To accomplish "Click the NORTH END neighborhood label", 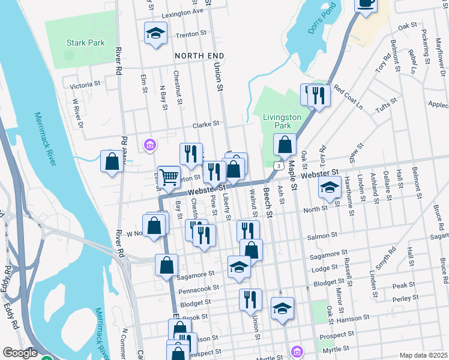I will [199, 56].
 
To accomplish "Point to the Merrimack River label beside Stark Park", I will [46, 139].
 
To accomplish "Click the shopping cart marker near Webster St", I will [169, 177].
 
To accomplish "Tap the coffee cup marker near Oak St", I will [365, 4].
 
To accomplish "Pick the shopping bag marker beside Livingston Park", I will [285, 145].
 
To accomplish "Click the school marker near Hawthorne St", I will [329, 187].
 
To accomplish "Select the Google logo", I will [19, 353].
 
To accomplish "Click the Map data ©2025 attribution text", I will [423, 355].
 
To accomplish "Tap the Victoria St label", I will [84, 86].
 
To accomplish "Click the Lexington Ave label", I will [182, 11].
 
